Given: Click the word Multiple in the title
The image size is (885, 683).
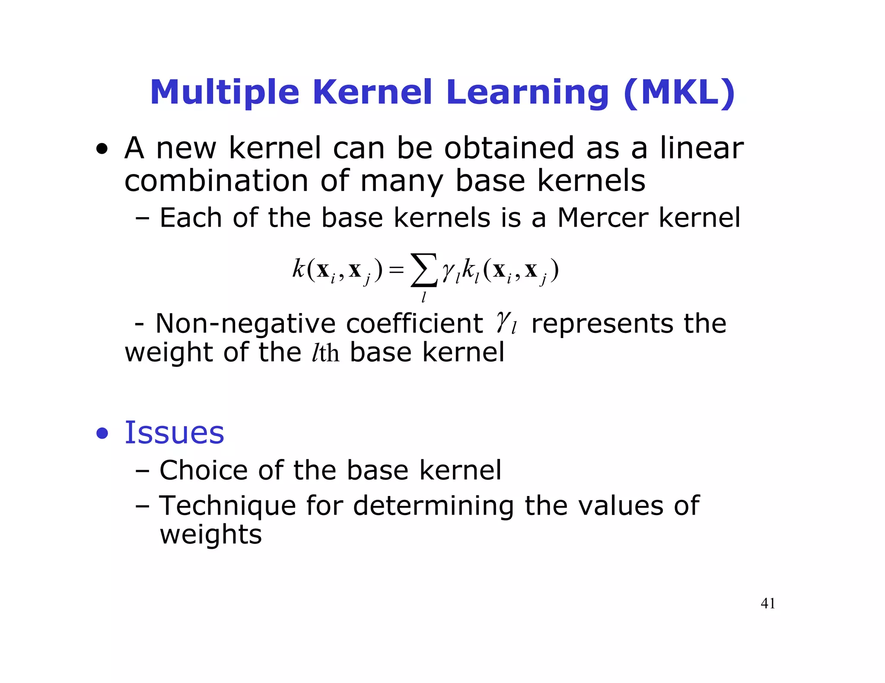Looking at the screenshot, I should point(224,93).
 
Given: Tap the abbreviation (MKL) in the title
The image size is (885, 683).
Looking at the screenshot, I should point(679,93).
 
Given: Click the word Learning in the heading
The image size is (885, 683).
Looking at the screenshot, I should point(528,93).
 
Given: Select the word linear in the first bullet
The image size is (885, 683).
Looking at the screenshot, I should point(701,148).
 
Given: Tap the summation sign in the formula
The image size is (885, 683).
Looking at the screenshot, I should point(423,270).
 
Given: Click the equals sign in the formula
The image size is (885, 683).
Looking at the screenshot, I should point(396,271).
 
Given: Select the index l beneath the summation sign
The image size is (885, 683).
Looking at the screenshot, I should point(423,297).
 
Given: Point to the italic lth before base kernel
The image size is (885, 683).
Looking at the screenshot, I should point(325,353).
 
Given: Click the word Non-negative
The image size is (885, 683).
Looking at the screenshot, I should point(245,323).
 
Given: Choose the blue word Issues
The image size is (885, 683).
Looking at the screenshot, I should point(174,433).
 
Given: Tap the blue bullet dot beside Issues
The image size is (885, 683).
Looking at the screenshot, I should point(102,434).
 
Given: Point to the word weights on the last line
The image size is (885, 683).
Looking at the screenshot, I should point(210,534).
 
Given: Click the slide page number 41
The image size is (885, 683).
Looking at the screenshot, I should point(767,604).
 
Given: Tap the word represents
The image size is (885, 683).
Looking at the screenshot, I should point(602,323).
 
